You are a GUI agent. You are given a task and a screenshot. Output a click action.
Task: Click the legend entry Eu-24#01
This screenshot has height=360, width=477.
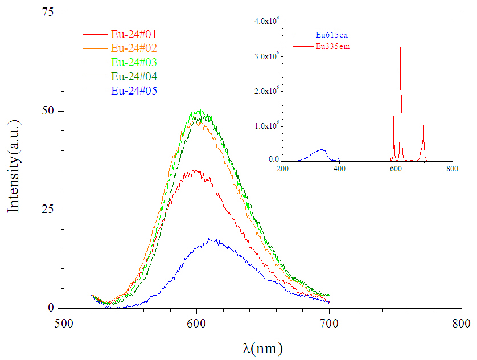click(x=134, y=35)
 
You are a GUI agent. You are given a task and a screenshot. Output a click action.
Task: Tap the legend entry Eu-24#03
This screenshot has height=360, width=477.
click(x=134, y=62)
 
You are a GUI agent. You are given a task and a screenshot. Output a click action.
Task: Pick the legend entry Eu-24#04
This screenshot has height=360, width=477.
click(x=134, y=76)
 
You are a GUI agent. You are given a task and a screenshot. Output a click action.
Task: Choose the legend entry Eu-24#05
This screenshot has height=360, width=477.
click(x=134, y=90)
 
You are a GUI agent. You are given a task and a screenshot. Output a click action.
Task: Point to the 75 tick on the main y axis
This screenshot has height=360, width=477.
click(x=55, y=13)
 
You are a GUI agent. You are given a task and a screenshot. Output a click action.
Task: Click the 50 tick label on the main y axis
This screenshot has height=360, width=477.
click(x=55, y=111)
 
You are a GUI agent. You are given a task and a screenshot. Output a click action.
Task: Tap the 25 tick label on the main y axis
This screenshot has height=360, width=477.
click(x=55, y=210)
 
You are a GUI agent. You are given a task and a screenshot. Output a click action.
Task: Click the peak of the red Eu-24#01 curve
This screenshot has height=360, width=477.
click(x=195, y=170)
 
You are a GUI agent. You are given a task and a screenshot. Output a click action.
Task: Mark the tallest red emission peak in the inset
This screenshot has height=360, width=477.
click(x=401, y=48)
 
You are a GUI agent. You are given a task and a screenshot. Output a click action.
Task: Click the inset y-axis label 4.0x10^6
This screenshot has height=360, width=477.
click(x=265, y=21)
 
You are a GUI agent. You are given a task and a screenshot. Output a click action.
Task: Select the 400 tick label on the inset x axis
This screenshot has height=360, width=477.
click(x=339, y=169)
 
